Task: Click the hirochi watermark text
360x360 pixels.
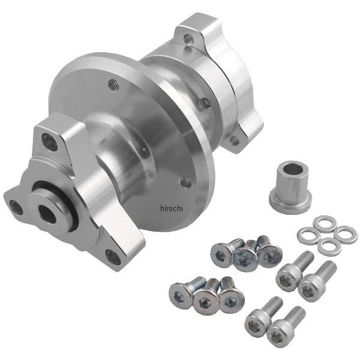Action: [172, 208]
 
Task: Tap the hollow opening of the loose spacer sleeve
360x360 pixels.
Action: [293, 169]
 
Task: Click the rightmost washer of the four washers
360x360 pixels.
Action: [346, 234]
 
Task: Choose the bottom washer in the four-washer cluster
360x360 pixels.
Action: [329, 247]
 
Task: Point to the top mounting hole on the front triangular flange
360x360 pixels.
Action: [49, 142]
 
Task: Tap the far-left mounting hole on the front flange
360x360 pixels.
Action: [16, 208]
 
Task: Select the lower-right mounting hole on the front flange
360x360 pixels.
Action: [113, 257]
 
